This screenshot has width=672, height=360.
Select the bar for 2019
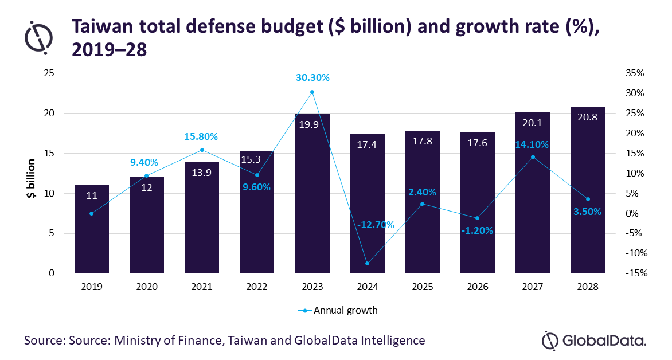pyautogui.click(x=91, y=229)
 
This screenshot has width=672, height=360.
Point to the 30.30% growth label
pyautogui.click(x=312, y=77)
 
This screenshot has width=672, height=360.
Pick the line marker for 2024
pyautogui.click(x=367, y=264)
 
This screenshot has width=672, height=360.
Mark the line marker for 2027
pyautogui.click(x=533, y=156)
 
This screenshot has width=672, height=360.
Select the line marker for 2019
pyautogui.click(x=91, y=213)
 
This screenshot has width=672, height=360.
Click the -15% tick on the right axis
pyautogui.click(x=635, y=273)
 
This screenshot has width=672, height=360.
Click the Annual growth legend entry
pyautogui.click(x=338, y=311)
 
